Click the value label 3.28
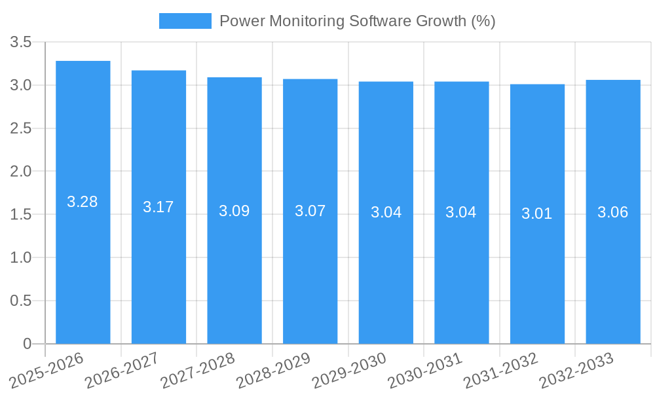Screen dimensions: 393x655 click(83, 202)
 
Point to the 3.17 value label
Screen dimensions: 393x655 click(159, 207)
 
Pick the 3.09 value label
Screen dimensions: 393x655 click(234, 211)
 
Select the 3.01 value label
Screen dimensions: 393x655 click(537, 214)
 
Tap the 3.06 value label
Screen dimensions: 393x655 click(613, 212)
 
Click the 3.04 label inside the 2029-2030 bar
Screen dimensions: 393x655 click(386, 212)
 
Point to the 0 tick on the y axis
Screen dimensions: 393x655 click(27, 344)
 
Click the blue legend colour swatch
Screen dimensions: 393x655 click(185, 21)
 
